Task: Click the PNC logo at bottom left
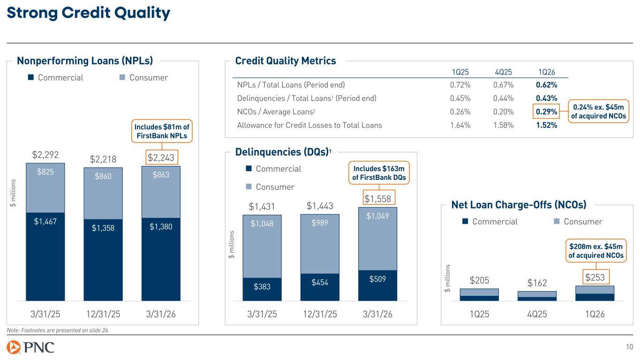click(31, 348)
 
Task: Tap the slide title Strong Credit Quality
click(88, 14)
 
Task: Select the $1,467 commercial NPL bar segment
click(45, 222)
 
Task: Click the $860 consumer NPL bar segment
click(103, 177)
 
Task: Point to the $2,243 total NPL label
click(161, 159)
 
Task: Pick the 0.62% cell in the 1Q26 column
click(546, 85)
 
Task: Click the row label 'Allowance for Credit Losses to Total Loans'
click(309, 125)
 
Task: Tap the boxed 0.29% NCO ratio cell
click(546, 112)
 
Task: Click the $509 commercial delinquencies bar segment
click(377, 280)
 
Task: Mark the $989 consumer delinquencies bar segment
click(320, 224)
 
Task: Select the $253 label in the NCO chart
click(595, 278)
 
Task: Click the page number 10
click(629, 347)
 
